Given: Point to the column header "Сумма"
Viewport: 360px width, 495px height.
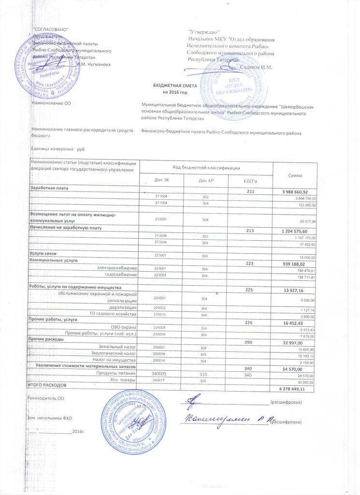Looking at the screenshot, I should (x=294, y=173).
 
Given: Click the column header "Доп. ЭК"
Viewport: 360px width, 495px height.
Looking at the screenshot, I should (x=160, y=181).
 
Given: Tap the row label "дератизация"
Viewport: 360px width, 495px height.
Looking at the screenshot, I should (x=123, y=307).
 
